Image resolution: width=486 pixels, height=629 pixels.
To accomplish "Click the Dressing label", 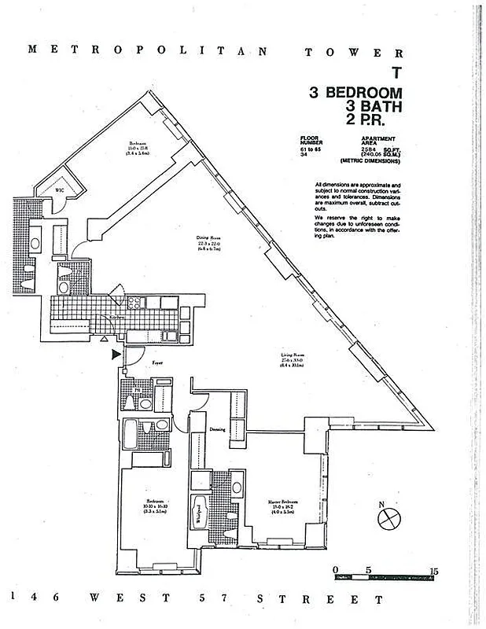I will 218,429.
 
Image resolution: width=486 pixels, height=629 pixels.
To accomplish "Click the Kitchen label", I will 115,316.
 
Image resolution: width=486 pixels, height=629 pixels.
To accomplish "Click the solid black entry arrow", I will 117,355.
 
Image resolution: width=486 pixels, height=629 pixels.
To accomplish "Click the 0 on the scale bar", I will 336,568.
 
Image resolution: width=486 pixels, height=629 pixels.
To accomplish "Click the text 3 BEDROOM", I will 355,93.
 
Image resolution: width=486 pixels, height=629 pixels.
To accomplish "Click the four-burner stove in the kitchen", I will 133,302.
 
